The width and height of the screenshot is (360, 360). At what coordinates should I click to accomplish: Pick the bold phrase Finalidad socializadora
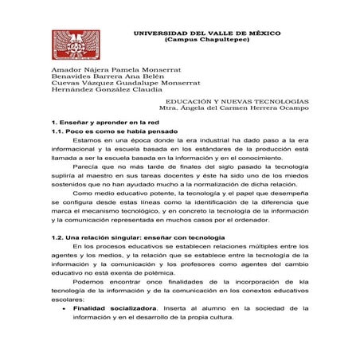[x=113, y=307]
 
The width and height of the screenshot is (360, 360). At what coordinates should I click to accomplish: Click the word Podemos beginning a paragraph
[x=88, y=281]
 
